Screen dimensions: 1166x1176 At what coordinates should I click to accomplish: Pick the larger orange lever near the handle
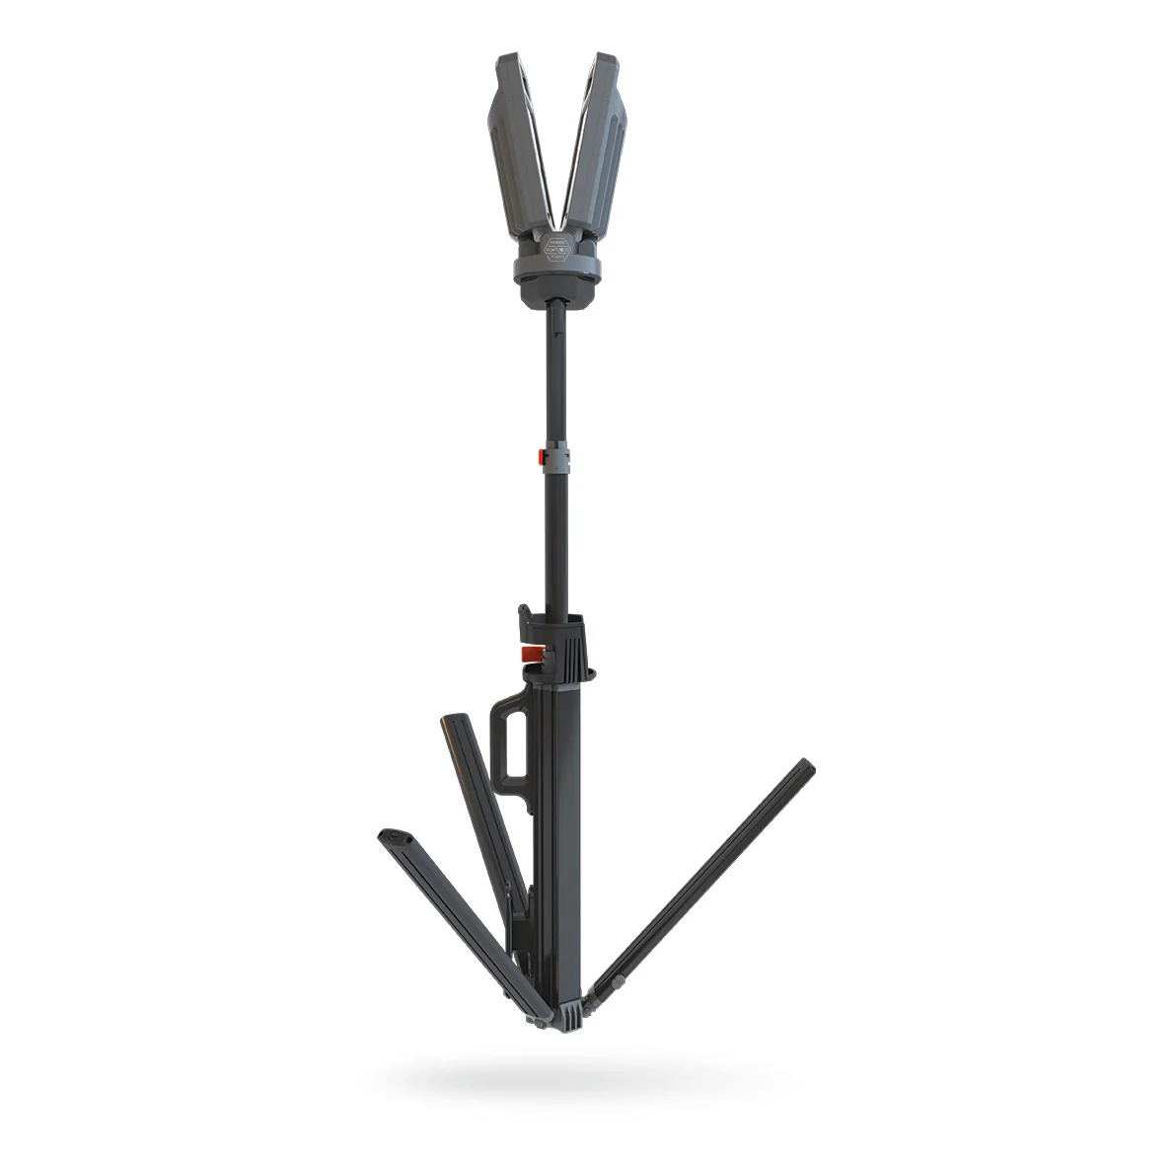[531, 655]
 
